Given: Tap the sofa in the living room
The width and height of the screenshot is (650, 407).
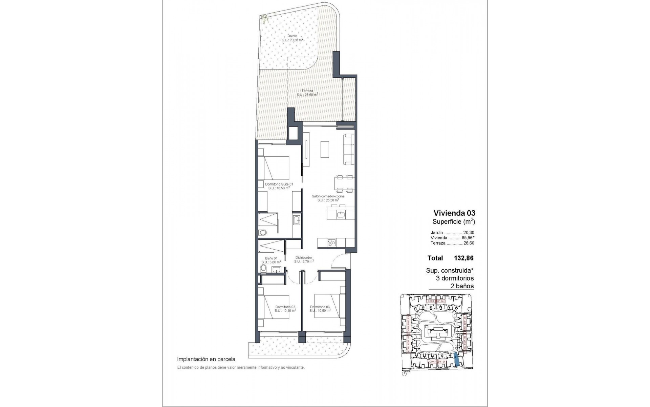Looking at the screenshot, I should (349, 150).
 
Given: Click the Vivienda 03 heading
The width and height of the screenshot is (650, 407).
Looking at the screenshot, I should (454, 213).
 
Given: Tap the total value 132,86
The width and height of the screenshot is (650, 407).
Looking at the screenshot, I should (463, 258).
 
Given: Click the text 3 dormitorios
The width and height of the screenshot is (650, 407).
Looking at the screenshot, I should (455, 278).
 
